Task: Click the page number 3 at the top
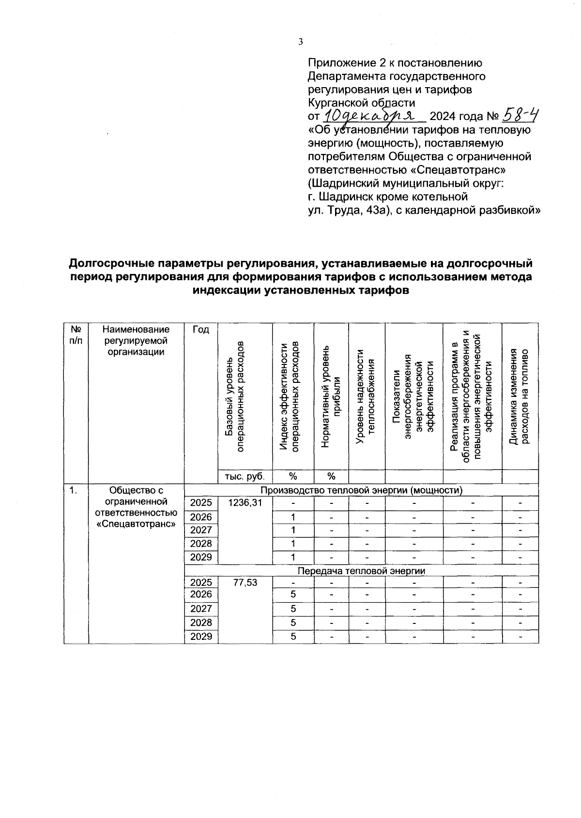[x=300, y=42]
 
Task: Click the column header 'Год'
[x=200, y=330]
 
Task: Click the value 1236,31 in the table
[x=245, y=503]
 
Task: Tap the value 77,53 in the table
[x=245, y=583]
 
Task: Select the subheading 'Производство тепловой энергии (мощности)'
[x=361, y=490]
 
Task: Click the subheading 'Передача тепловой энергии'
[x=361, y=571]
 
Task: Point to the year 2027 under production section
[x=201, y=530]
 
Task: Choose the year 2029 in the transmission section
[x=201, y=636]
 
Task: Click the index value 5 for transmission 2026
[x=293, y=594]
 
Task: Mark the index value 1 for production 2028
[x=293, y=544]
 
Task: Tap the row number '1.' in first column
[x=73, y=490]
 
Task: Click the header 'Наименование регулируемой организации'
[x=136, y=341]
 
